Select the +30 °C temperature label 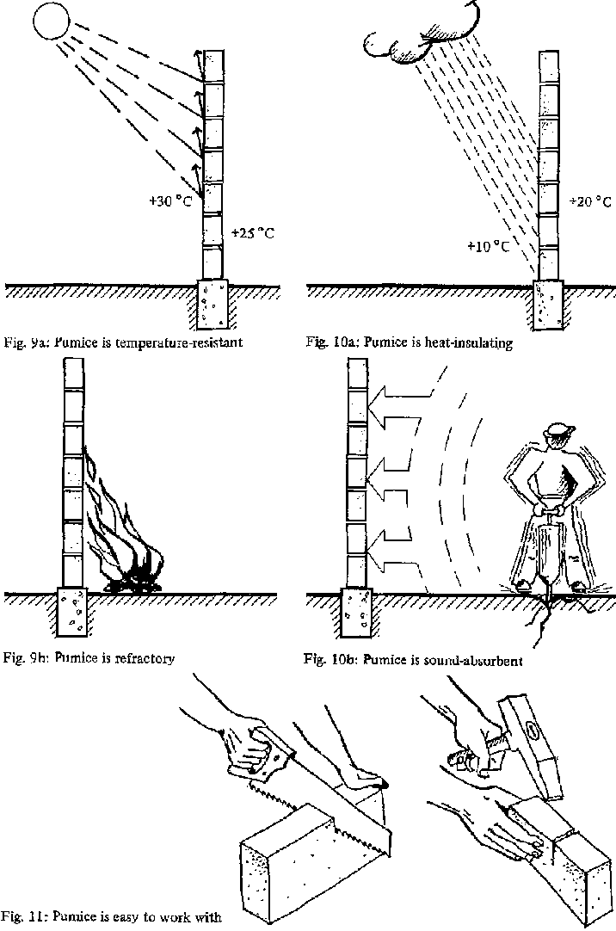(169, 202)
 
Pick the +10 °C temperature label (488, 246)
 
